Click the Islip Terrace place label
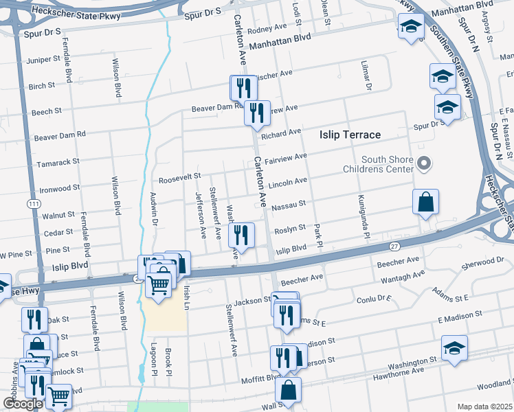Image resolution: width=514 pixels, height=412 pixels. tap(350, 135)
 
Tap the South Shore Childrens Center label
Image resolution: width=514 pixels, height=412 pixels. tap(378, 165)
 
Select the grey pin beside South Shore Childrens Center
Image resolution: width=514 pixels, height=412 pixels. tap(424, 163)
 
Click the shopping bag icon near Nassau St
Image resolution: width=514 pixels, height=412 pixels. tap(425, 202)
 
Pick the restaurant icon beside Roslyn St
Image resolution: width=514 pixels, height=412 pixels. tap(241, 235)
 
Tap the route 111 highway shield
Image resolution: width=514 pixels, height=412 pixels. tap(33, 204)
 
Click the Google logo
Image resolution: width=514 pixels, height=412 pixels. tap(23, 404)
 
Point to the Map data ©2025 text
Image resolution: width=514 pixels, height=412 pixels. tap(484, 407)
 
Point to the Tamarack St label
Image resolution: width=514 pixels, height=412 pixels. tap(56, 161)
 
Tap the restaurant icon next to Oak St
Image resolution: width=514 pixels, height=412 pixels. tap(34, 319)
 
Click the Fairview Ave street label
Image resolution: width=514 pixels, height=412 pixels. tap(286, 157)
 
